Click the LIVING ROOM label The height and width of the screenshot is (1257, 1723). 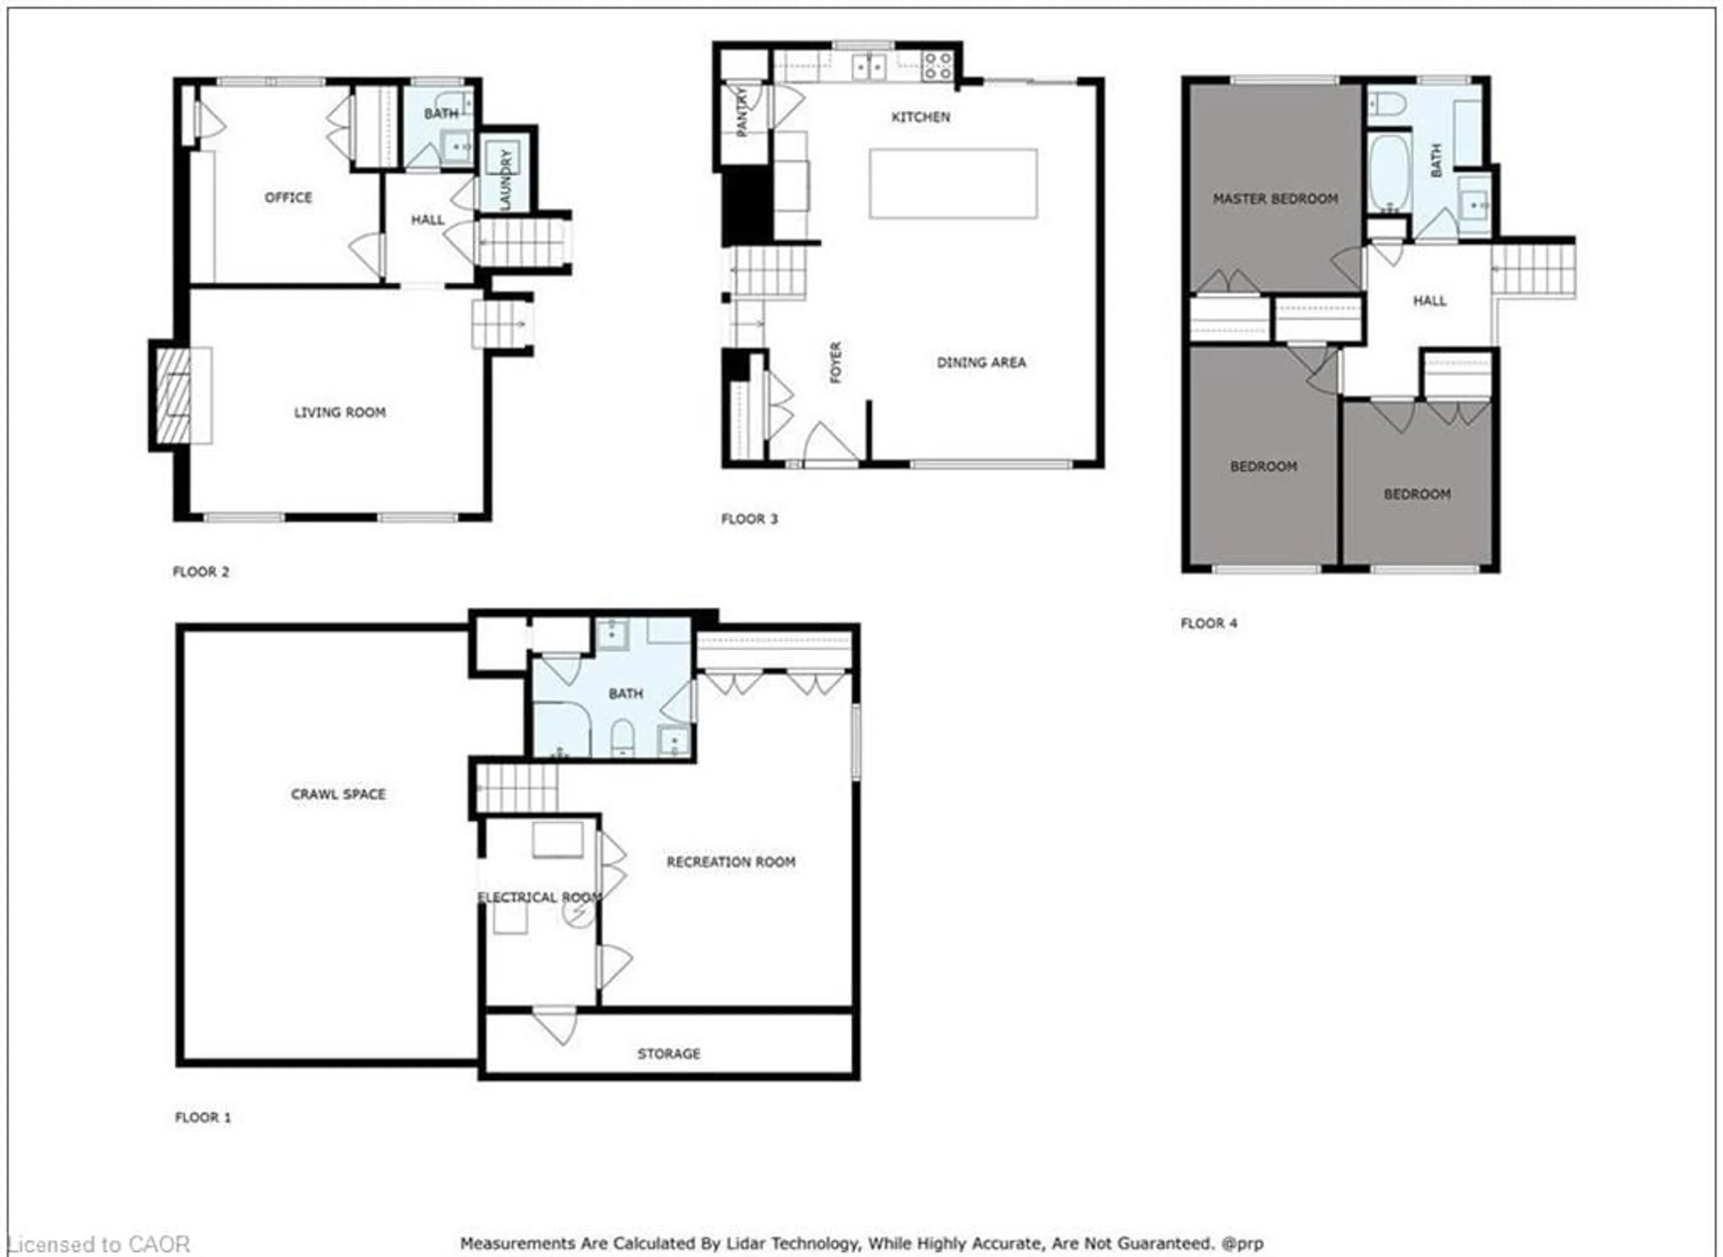coord(340,412)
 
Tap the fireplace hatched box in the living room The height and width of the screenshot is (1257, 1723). coord(174,396)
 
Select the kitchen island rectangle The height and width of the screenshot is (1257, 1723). coord(953,184)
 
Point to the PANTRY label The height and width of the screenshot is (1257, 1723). coord(743,111)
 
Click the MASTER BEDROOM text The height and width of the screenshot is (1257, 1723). coord(1275,199)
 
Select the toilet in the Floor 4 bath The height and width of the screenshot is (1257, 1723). coord(1386,104)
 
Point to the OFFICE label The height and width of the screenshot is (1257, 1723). coord(289,197)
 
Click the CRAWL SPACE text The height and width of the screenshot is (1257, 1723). coord(338,793)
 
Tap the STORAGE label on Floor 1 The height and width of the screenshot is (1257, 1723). coord(669,1053)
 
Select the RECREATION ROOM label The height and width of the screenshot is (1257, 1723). coord(731,861)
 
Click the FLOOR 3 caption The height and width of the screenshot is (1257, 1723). coord(749,519)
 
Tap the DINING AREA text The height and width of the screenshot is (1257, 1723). coord(980,362)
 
